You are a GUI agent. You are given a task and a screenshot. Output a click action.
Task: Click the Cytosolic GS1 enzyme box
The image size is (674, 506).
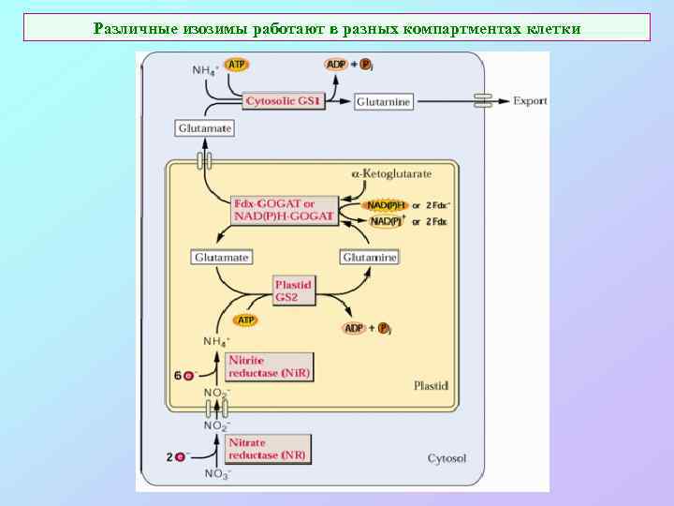pyautogui.click(x=284, y=100)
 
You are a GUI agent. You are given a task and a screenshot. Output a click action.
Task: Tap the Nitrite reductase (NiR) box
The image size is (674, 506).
pyautogui.click(x=269, y=366)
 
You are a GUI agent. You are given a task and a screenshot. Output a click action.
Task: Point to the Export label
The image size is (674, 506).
pyautogui.click(x=530, y=100)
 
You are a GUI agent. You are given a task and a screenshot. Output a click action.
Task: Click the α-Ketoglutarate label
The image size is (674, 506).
pyautogui.click(x=391, y=174)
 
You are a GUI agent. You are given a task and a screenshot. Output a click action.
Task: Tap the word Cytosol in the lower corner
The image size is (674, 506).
pyautogui.click(x=447, y=458)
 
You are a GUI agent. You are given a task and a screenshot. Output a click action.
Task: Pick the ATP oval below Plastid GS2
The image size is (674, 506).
pyautogui.click(x=244, y=320)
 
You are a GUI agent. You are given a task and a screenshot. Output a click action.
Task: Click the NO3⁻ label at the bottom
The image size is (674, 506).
pyautogui.click(x=217, y=475)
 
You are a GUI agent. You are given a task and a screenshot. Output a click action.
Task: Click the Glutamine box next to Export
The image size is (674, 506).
pyautogui.click(x=384, y=101)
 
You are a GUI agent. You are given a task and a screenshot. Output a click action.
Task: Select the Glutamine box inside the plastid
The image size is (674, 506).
pyautogui.click(x=369, y=257)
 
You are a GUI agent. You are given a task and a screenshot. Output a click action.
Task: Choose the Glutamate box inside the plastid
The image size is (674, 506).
pyautogui.click(x=221, y=257)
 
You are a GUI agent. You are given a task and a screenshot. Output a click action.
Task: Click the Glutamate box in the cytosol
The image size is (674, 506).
pyautogui.click(x=204, y=127)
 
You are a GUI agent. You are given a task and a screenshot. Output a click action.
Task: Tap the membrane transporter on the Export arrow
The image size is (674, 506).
pyautogui.click(x=483, y=100)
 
